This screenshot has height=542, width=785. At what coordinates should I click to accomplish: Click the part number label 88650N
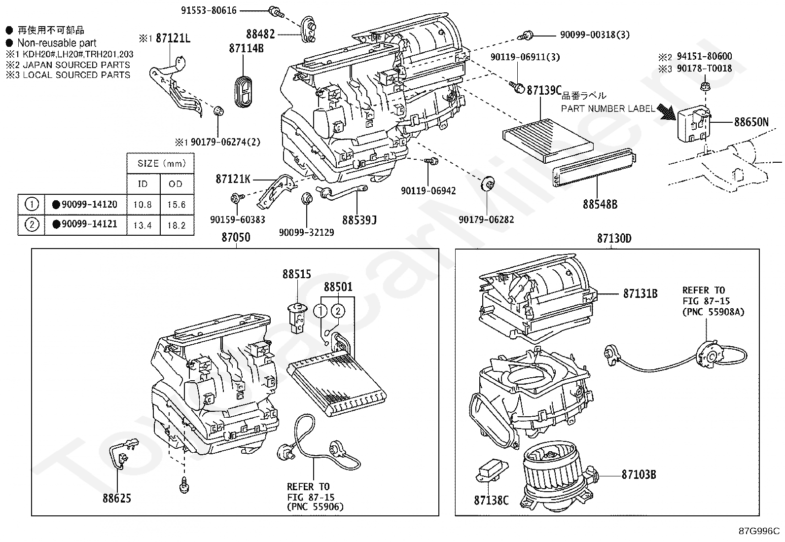click(751, 122)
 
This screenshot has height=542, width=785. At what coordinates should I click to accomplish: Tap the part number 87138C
click(491, 500)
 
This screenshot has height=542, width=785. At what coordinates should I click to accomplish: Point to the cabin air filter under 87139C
click(548, 140)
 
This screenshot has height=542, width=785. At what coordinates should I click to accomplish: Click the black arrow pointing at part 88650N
click(667, 112)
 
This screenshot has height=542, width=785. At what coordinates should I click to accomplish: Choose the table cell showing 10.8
click(143, 205)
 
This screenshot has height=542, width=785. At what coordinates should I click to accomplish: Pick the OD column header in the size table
click(176, 183)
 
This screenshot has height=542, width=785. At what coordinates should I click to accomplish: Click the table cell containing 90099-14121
click(85, 224)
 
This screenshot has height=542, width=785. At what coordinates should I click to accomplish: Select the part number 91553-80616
click(209, 10)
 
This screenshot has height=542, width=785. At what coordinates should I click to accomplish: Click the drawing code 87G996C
click(759, 531)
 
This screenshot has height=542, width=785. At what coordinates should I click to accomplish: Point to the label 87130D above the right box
click(614, 238)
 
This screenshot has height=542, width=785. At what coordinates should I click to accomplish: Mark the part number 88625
click(117, 498)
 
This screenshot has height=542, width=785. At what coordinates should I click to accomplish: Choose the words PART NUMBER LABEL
click(608, 108)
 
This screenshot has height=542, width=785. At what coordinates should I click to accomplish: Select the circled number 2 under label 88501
click(338, 311)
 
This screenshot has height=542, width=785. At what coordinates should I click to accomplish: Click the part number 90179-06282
click(486, 219)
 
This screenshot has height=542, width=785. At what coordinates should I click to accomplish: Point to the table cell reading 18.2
click(177, 225)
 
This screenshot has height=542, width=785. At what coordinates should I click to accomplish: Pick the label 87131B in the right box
click(640, 293)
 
